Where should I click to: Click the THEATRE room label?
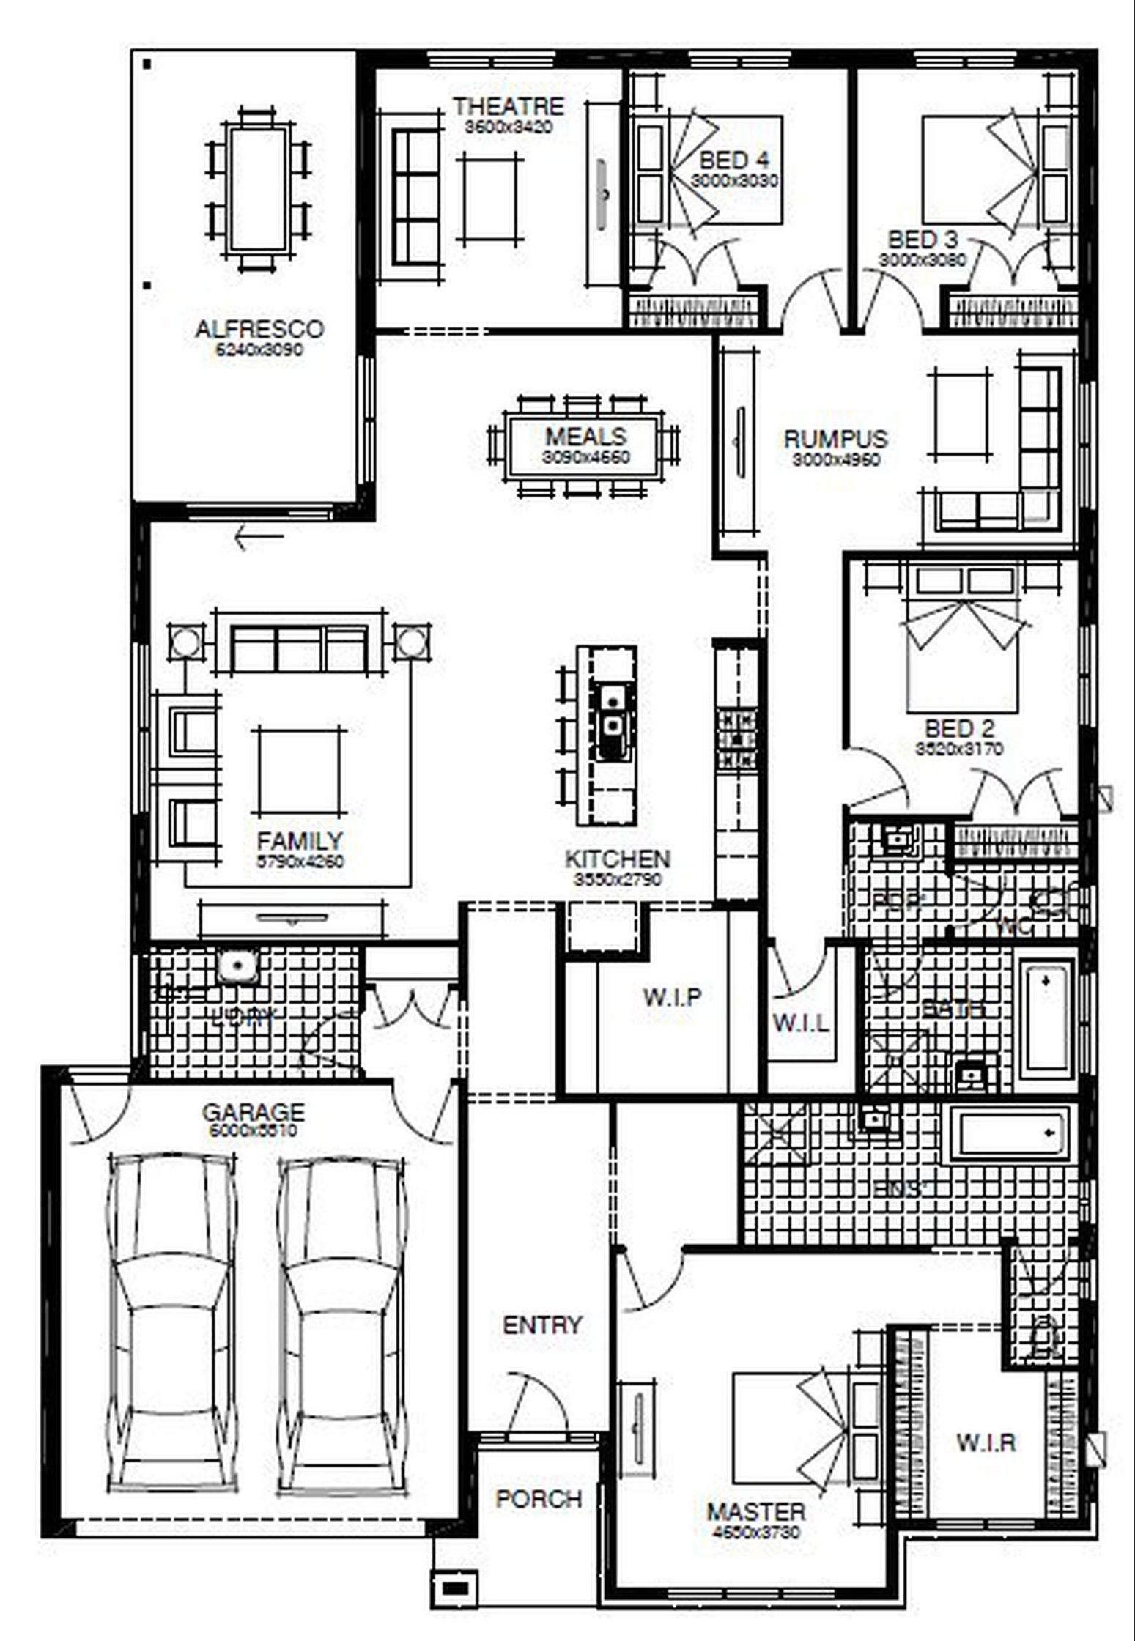pyautogui.click(x=508, y=107)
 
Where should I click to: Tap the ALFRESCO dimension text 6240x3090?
pyautogui.click(x=259, y=349)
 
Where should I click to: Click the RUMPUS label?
pyautogui.click(x=835, y=440)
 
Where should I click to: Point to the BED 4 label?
pyautogui.click(x=733, y=160)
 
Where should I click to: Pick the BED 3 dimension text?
pyautogui.click(x=923, y=260)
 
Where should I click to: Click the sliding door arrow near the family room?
pyautogui.click(x=258, y=538)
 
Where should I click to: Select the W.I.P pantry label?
pyautogui.click(x=672, y=997)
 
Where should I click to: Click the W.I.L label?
pyautogui.click(x=801, y=1023)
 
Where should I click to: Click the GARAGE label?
pyautogui.click(x=253, y=1113)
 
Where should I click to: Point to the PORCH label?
pyautogui.click(x=539, y=1499)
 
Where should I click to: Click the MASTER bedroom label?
pyautogui.click(x=755, y=1512)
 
